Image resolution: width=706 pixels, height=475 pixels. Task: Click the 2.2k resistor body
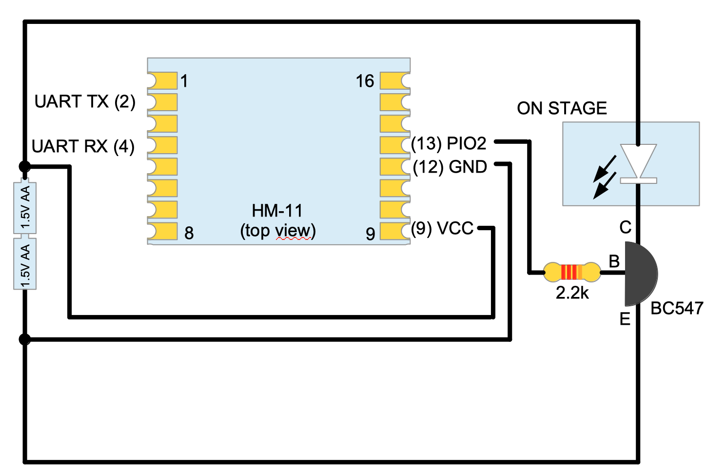tap(572, 272)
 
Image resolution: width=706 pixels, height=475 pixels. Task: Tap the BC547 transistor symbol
tap(640, 274)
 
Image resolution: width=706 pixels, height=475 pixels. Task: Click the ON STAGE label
tap(562, 108)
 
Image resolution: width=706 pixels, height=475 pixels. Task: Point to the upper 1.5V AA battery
tap(25, 208)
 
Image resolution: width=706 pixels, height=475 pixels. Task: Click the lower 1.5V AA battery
tap(25, 264)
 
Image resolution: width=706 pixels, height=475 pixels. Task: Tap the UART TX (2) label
tap(85, 101)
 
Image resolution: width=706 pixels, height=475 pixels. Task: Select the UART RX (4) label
tap(83, 146)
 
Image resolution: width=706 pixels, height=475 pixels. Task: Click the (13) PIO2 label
tap(449, 143)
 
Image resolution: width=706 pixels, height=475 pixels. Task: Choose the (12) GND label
tap(450, 167)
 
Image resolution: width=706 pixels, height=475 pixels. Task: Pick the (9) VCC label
tap(442, 228)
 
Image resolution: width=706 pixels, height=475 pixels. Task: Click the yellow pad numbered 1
tap(162, 80)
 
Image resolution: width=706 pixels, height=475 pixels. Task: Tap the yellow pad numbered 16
tap(394, 80)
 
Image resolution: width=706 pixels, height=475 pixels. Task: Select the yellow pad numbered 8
tap(162, 231)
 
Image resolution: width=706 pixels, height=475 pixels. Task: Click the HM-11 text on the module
tap(277, 211)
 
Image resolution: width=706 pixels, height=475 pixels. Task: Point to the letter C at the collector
tap(625, 227)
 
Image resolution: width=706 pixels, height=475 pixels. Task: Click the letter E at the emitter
tap(625, 319)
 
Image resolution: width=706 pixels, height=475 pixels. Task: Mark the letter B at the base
tap(614, 261)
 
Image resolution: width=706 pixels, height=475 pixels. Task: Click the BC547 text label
tap(677, 308)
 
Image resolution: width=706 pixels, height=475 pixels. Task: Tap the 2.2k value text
tap(572, 293)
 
